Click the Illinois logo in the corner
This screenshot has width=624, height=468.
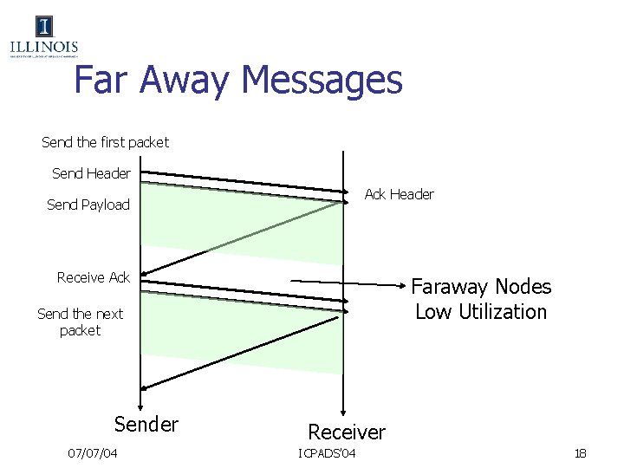tap(43, 37)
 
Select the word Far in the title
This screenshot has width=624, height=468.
tap(108, 80)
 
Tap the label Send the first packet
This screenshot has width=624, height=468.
tap(105, 141)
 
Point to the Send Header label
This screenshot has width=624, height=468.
tap(91, 173)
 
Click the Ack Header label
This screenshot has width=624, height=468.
tap(399, 194)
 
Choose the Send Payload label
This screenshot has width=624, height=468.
tap(88, 205)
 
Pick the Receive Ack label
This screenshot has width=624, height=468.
tap(93, 277)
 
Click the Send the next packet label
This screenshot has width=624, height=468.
tap(80, 322)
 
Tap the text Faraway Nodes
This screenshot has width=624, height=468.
tap(481, 287)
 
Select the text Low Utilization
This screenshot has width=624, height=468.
tap(481, 312)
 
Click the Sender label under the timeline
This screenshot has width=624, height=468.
tap(146, 424)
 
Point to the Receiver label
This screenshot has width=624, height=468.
tap(347, 432)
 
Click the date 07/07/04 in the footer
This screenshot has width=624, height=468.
tap(93, 454)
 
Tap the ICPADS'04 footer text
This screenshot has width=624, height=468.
tap(332, 454)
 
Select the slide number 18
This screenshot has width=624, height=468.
tap(580, 454)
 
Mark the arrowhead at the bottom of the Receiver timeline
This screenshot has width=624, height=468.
tap(344, 413)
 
